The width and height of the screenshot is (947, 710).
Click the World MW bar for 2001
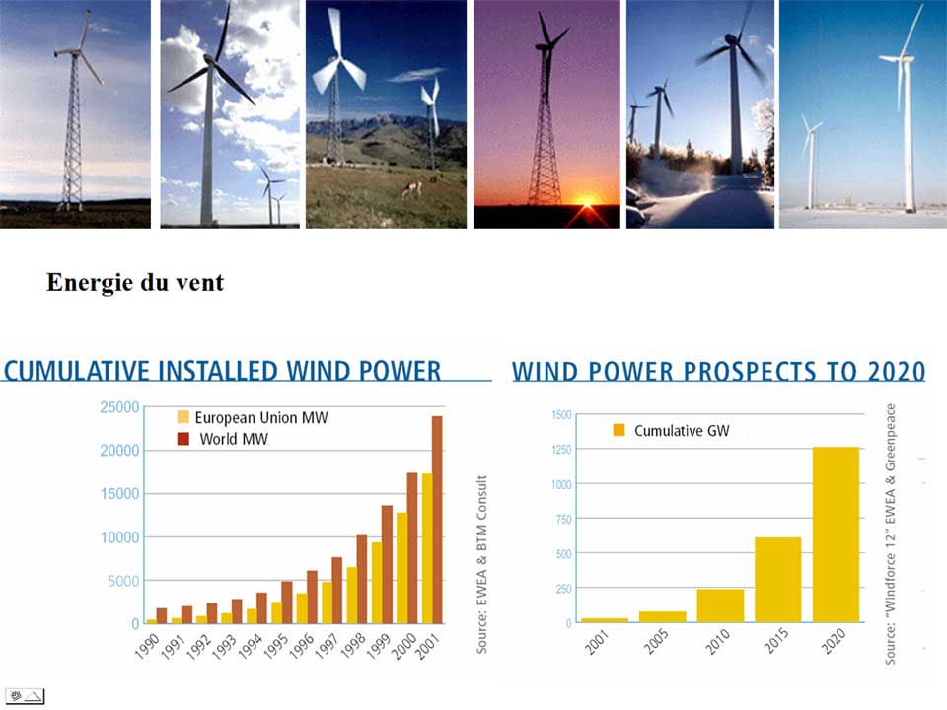tap(437, 520)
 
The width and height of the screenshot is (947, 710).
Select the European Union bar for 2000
tap(401, 568)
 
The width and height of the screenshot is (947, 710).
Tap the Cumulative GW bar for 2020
tap(836, 534)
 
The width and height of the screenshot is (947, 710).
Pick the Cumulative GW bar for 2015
tap(778, 580)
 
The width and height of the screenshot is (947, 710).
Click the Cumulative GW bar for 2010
tap(720, 605)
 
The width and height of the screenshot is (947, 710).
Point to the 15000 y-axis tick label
tap(119, 494)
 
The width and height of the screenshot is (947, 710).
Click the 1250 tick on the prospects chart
tap(561, 450)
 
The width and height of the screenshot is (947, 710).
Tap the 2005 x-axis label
tap(655, 641)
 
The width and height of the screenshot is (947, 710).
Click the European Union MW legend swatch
tap(183, 417)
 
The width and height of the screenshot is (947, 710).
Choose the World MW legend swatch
tap(183, 439)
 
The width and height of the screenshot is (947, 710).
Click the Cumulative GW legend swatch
tap(619, 430)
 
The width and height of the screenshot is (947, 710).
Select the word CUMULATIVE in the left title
tap(77, 371)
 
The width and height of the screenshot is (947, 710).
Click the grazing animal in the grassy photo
tap(412, 189)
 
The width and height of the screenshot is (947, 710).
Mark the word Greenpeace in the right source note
tap(890, 437)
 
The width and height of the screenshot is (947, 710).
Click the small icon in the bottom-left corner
tap(25, 697)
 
